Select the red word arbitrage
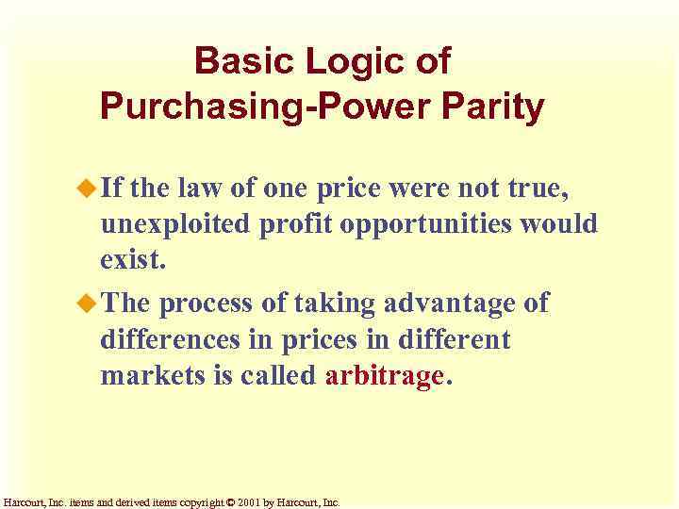pyautogui.click(x=384, y=375)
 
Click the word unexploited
pyautogui.click(x=174, y=225)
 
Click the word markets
pyautogui.click(x=144, y=375)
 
